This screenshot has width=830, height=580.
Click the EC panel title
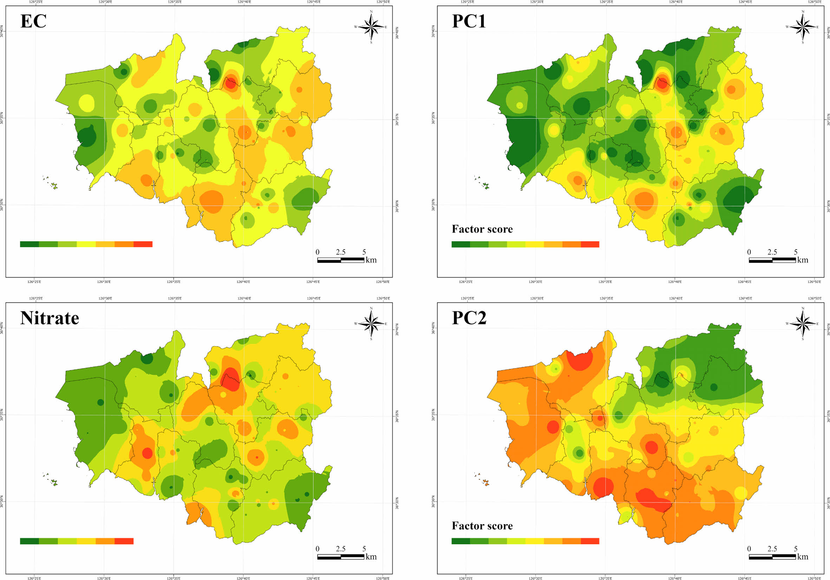point(33,21)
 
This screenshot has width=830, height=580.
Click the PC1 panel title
point(469,21)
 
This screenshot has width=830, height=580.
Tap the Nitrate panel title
point(50,318)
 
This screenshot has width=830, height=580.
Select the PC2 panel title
point(469,318)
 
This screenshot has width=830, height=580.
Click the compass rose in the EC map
point(371,27)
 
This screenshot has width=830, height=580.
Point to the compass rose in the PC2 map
point(803,324)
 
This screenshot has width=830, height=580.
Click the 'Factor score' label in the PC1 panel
point(482,229)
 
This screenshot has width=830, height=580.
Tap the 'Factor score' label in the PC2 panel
point(482,526)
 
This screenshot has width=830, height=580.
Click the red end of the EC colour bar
point(143,244)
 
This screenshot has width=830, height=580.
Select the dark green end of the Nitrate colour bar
point(29,541)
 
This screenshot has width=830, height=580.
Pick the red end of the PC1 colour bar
point(590,244)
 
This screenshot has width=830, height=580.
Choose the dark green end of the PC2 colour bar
point(461,541)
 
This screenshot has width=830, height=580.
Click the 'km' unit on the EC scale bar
point(371,260)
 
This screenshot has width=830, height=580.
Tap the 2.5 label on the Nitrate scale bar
point(341,549)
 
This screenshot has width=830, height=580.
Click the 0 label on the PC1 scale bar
point(749,252)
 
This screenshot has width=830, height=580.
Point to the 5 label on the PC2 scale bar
point(796,549)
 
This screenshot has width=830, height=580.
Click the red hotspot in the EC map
point(230,84)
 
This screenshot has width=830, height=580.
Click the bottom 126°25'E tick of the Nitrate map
point(35,578)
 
